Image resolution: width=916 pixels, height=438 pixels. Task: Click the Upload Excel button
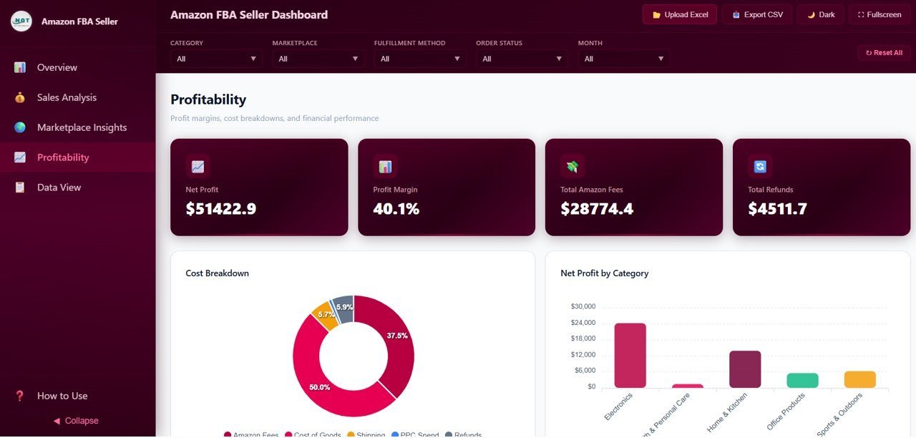pos(679,14)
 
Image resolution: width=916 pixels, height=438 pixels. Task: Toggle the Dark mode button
pos(821,14)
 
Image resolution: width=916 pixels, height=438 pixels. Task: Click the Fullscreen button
pos(879,14)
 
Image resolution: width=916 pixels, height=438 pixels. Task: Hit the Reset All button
pos(884,52)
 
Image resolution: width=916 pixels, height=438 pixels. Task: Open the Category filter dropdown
pos(216,59)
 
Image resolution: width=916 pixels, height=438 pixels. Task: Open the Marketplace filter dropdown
pos(318,59)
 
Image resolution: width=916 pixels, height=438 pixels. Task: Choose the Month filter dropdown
pos(623,59)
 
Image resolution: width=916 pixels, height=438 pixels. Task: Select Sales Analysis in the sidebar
pos(67,97)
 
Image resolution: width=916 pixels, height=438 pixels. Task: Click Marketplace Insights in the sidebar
pos(82,127)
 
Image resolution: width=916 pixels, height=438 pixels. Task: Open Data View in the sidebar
pos(59,188)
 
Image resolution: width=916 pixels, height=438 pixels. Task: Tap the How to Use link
pos(62,396)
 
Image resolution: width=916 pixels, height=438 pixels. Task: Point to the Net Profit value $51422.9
pos(220,209)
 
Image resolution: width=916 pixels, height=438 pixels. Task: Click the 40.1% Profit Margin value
pos(396,209)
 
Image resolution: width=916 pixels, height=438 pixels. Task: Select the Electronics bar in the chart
pos(630,355)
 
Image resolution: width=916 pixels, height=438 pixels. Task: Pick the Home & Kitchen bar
pos(745,369)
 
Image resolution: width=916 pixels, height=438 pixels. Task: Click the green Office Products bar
pos(802,380)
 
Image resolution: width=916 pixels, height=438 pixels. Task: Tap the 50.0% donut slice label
pos(319,387)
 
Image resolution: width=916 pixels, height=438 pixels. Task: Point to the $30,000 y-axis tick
pos(583,306)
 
